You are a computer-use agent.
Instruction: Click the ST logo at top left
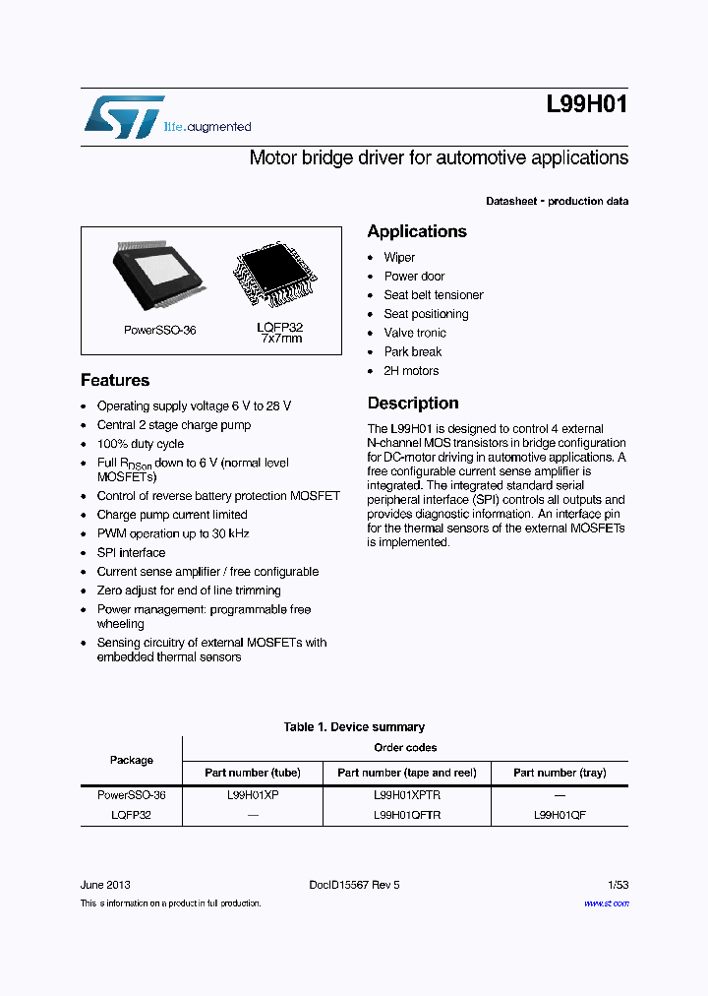(x=123, y=116)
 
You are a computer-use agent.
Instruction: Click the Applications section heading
(x=417, y=231)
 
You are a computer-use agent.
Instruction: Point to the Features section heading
(x=115, y=380)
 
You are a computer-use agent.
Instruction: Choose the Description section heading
(x=413, y=404)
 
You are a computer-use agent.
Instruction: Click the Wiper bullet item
(x=399, y=258)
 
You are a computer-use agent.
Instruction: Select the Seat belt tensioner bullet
(x=433, y=295)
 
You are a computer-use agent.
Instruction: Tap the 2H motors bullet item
(x=411, y=371)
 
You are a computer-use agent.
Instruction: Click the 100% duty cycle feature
(x=141, y=444)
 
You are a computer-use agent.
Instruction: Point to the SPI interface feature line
(x=131, y=553)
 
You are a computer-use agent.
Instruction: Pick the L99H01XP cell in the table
(x=253, y=795)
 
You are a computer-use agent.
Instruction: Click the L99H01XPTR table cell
(x=407, y=795)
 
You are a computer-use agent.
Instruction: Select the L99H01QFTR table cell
(x=407, y=816)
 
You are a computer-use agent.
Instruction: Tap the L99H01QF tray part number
(x=560, y=816)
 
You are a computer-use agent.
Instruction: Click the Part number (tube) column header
(x=253, y=773)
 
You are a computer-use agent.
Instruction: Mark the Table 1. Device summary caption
(x=354, y=727)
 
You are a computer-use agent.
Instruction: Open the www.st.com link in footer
(x=606, y=903)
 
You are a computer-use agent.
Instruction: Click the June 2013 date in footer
(x=105, y=885)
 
